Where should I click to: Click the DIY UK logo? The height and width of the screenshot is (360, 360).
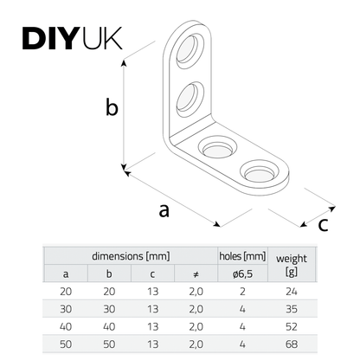click(72, 38)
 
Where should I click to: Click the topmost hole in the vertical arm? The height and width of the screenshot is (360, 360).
click(190, 50)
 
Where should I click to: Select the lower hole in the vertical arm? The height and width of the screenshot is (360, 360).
click(190, 100)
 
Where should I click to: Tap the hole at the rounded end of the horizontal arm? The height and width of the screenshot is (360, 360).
click(260, 172)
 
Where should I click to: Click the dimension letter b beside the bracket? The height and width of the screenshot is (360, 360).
click(112, 107)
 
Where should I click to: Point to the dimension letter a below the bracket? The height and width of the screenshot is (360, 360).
click(164, 210)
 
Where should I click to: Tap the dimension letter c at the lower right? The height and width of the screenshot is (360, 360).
click(323, 225)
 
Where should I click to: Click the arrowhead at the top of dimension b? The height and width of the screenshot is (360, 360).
click(124, 61)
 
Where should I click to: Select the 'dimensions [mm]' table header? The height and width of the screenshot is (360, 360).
click(131, 256)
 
